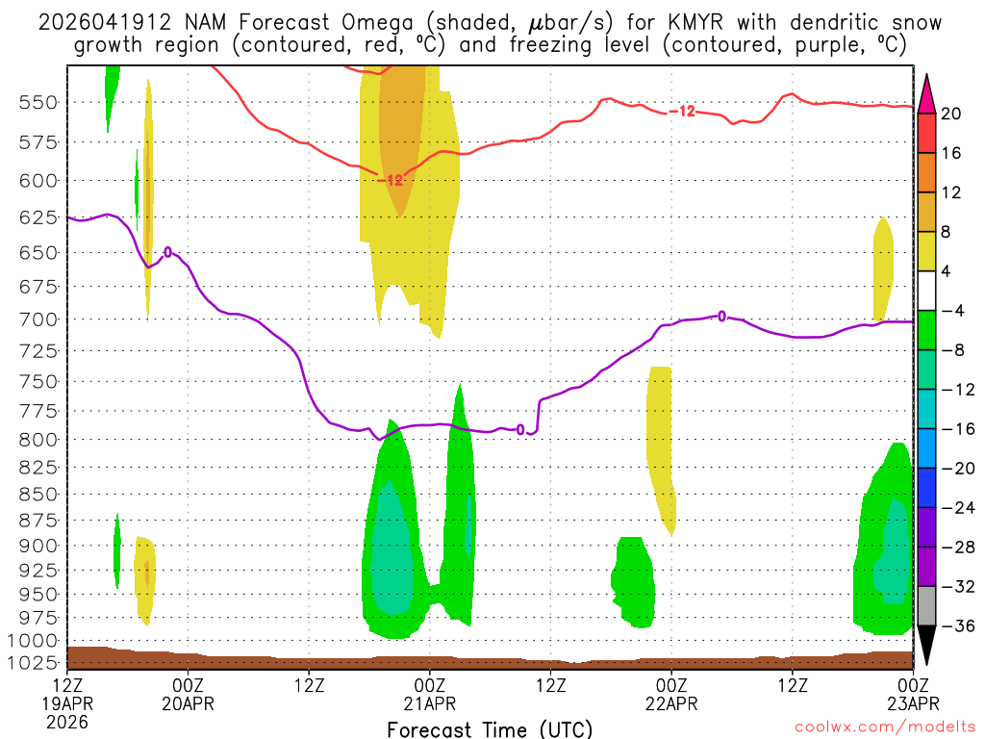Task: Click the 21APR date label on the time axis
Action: tap(429, 702)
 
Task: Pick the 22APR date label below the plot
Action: tap(671, 702)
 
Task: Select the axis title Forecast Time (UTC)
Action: tap(490, 728)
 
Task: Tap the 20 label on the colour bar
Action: tap(951, 114)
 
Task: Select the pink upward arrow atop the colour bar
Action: tap(926, 91)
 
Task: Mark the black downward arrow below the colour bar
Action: tap(926, 646)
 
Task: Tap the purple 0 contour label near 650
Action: tap(168, 252)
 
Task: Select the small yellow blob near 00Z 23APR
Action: tap(883, 269)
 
